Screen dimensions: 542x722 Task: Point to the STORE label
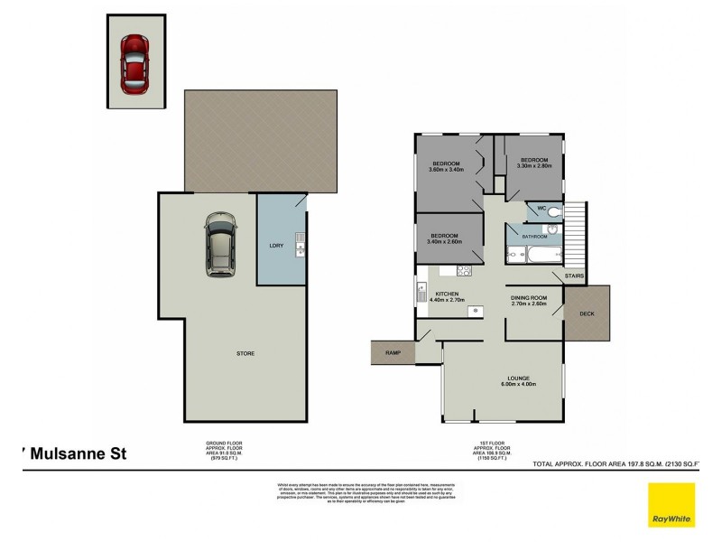(x=246, y=353)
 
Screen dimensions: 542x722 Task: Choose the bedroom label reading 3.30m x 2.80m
(x=534, y=163)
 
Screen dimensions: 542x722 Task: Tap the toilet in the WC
(x=555, y=211)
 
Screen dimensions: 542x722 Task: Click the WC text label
(x=541, y=209)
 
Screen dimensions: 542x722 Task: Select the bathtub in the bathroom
(x=529, y=256)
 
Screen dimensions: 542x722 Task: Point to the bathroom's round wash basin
(x=552, y=230)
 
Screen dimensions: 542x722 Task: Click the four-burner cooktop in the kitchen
(x=464, y=269)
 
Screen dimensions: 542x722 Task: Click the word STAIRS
(x=575, y=276)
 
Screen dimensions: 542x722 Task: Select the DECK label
(x=588, y=313)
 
